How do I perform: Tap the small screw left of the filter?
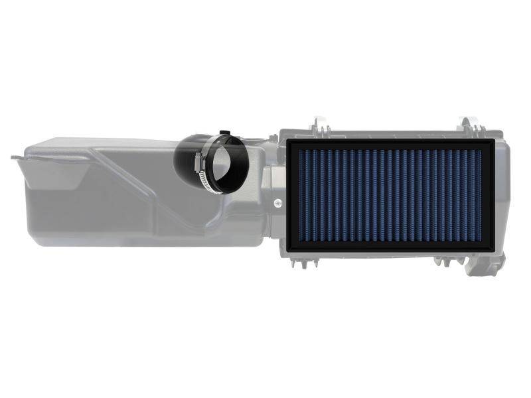click(x=276, y=200)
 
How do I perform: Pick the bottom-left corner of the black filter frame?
click(x=286, y=250)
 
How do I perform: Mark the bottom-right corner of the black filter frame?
click(x=493, y=250)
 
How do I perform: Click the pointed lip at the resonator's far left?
click(x=15, y=157)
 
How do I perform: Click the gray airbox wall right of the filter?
click(x=502, y=192)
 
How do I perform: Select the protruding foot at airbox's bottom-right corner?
click(x=487, y=269)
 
